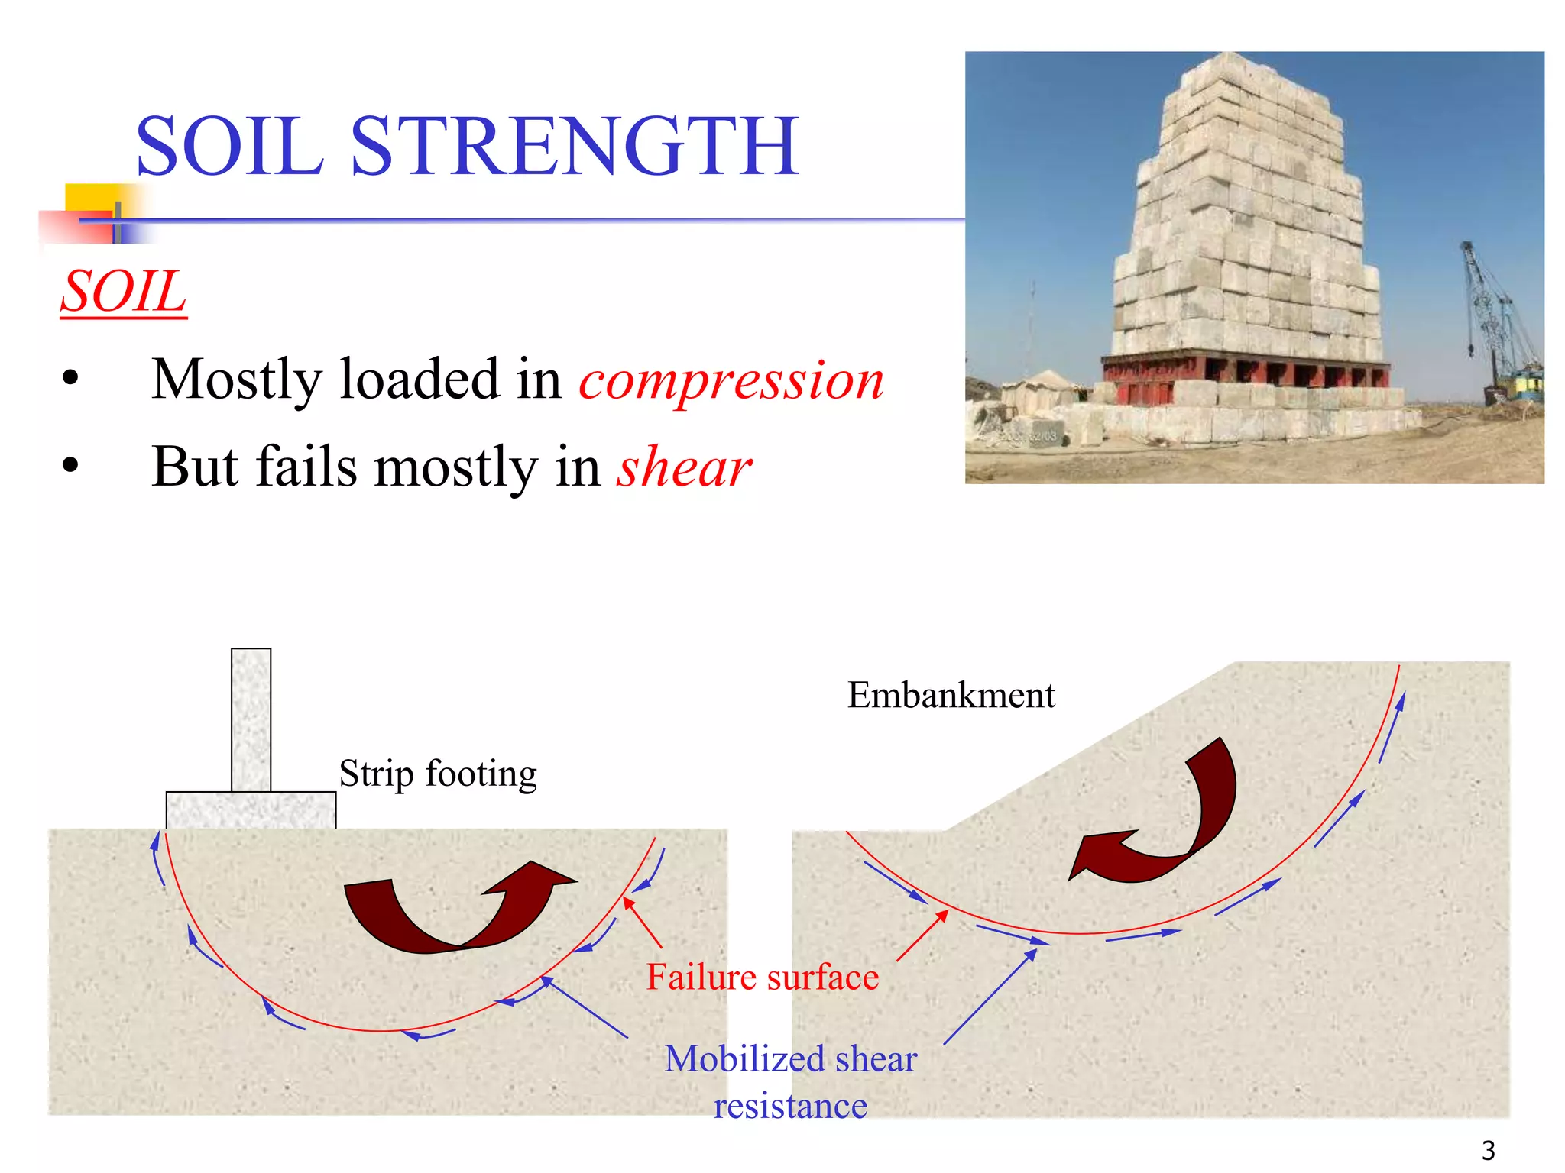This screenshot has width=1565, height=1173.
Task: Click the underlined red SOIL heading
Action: coord(124,292)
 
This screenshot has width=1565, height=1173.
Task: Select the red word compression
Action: coord(731,380)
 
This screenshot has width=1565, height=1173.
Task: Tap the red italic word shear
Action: coord(685,467)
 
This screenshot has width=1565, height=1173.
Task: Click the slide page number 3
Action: coord(1488,1150)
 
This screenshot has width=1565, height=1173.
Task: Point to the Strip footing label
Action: coord(438,774)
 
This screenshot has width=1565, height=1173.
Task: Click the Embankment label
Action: coord(951,695)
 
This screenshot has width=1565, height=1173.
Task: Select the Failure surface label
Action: coord(763,977)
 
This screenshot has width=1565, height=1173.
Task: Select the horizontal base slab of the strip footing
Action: coord(251,810)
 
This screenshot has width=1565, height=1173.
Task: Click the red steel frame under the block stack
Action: coord(1246,376)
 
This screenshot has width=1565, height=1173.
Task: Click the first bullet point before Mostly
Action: coord(71,379)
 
